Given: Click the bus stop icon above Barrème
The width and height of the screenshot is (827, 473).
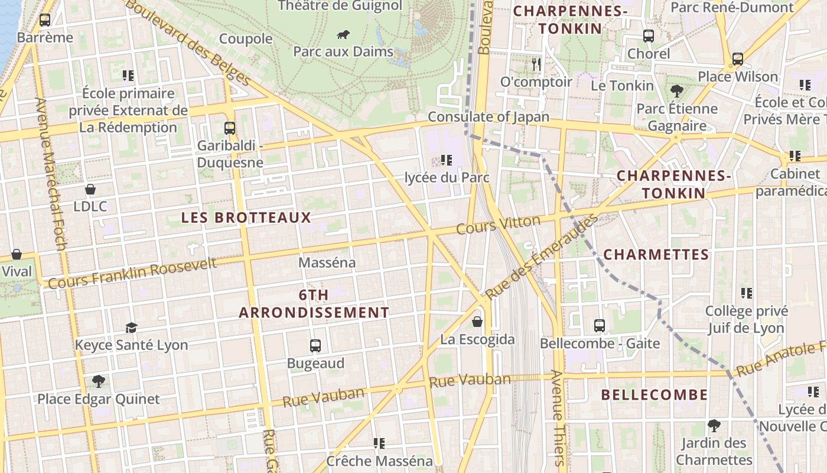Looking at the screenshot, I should pos(45,20).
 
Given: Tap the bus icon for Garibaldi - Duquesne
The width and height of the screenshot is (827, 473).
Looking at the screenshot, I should pos(230,128).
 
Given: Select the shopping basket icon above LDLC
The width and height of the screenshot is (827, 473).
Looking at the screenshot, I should pos(90,189).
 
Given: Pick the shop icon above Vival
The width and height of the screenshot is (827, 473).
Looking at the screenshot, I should pos(17,255).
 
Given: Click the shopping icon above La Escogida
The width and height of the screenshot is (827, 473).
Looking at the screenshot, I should pos(477,322).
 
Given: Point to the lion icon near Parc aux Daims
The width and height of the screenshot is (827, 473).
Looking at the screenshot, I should pos(343,35).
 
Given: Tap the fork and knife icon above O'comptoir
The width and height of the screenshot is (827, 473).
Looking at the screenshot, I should pos(536,64).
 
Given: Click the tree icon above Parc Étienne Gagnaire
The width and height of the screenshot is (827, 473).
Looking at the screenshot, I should pos(676,91).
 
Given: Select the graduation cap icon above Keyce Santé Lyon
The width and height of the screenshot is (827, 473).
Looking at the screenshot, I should pos(131,328).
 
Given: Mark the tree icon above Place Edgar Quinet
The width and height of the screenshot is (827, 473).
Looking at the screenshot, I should pos(98,381).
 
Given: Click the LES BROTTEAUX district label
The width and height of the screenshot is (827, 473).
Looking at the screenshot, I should pos(246,218).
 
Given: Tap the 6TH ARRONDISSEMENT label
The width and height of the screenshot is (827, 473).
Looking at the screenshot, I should pos(314,304).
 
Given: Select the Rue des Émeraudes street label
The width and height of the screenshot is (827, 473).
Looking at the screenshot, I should pos(541,258).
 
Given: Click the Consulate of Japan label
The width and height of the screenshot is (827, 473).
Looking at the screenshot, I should pos(489,117).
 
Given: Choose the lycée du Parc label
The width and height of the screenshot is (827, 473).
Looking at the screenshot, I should pos(447,177).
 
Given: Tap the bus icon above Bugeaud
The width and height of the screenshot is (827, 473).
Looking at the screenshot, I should pos(315,345).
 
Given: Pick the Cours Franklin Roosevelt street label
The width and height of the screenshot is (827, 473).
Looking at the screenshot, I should pos(132,274).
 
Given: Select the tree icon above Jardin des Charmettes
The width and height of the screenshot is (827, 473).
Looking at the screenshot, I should pos(714,425).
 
